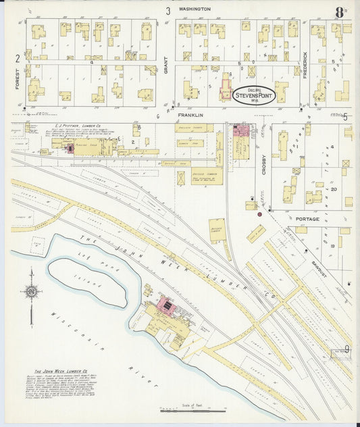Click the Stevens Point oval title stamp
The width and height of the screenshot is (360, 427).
click(x=254, y=95)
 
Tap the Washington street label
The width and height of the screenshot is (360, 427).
click(x=195, y=9)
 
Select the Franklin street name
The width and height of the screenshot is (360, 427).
click(x=190, y=115)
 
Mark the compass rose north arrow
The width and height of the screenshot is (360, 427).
click(x=31, y=292)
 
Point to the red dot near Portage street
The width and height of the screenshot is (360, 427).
click(x=269, y=211)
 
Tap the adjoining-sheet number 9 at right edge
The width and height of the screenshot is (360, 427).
click(x=346, y=349)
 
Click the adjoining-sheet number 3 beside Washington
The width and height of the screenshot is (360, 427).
click(x=168, y=9)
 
